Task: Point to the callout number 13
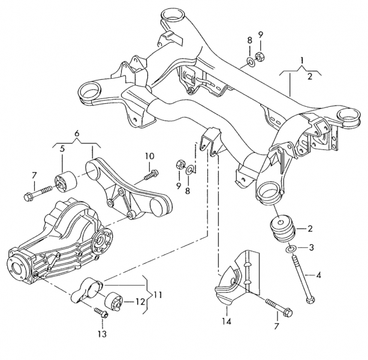tap(101, 333)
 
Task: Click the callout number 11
tap(158, 295)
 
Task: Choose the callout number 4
tap(318, 275)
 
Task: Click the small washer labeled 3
tap(291, 248)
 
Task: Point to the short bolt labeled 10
tap(150, 175)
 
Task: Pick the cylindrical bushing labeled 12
tap(114, 300)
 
